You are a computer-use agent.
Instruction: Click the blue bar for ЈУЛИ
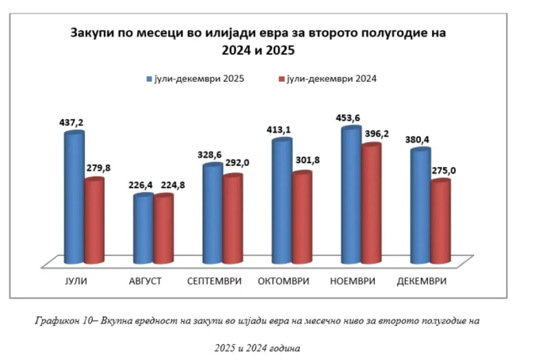(x=74, y=198)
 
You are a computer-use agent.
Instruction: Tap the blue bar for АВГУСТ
(x=143, y=229)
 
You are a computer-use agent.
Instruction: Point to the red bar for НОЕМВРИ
(x=370, y=204)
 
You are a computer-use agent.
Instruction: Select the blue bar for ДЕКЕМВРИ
(x=420, y=205)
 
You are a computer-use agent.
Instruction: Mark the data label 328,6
(x=212, y=155)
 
